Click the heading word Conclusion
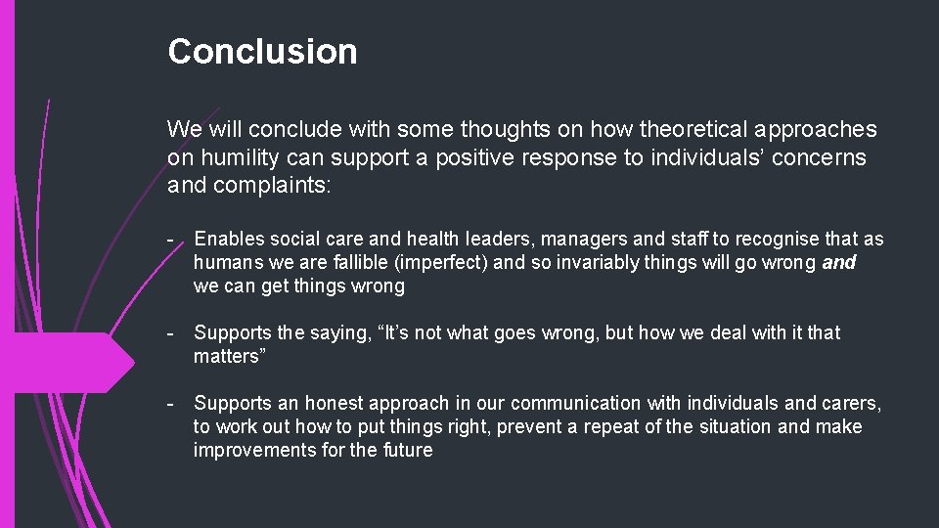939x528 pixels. coord(262,52)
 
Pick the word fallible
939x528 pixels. coord(367,263)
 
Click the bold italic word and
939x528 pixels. coord(838,263)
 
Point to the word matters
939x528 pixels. coord(225,357)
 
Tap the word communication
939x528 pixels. coord(576,404)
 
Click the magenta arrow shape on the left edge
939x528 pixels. coord(68,363)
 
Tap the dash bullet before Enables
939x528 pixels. coord(171,240)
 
